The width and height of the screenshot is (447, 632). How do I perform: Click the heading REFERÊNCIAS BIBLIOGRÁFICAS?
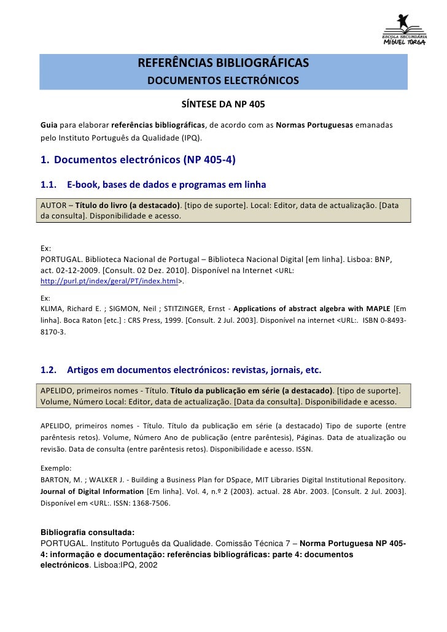(223, 64)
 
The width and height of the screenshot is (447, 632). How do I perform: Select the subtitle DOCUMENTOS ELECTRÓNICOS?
(223, 81)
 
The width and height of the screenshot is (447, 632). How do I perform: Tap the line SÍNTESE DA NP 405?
(223, 104)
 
